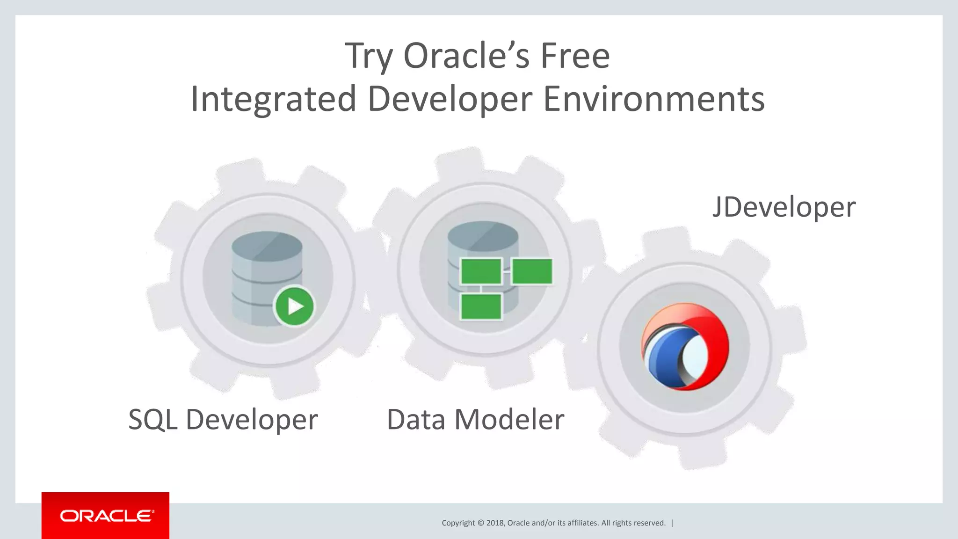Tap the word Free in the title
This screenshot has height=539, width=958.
pyautogui.click(x=575, y=56)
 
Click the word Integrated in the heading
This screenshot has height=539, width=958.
pyautogui.click(x=274, y=99)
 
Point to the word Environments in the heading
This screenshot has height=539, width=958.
pyautogui.click(x=653, y=99)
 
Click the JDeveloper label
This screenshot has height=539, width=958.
pyautogui.click(x=784, y=207)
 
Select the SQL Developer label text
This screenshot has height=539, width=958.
pyautogui.click(x=223, y=419)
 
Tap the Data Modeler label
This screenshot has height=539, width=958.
pyautogui.click(x=475, y=419)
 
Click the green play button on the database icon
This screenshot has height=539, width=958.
pyautogui.click(x=294, y=306)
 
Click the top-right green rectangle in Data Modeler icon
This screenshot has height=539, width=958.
pyautogui.click(x=532, y=271)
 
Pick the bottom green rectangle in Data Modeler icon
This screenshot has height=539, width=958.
pyautogui.click(x=481, y=306)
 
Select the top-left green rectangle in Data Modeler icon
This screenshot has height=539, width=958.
pyautogui.click(x=481, y=271)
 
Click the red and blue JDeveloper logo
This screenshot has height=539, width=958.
pyautogui.click(x=685, y=347)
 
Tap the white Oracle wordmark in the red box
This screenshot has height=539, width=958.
pyautogui.click(x=106, y=516)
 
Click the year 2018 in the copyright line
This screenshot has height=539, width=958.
pyautogui.click(x=495, y=523)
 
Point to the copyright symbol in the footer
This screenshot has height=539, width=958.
pyautogui.click(x=481, y=523)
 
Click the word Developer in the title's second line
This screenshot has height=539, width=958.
pyautogui.click(x=450, y=99)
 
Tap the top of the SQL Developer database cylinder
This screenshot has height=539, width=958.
pyautogui.click(x=267, y=244)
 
